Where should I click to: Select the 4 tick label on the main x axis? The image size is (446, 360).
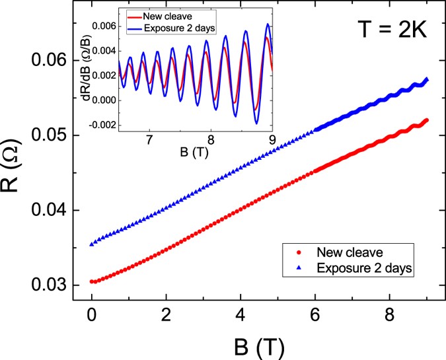point(261,314)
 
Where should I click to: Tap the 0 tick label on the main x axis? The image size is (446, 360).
point(92,314)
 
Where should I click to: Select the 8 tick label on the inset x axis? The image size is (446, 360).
point(211,140)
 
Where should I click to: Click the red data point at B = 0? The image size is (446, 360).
point(92,281)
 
